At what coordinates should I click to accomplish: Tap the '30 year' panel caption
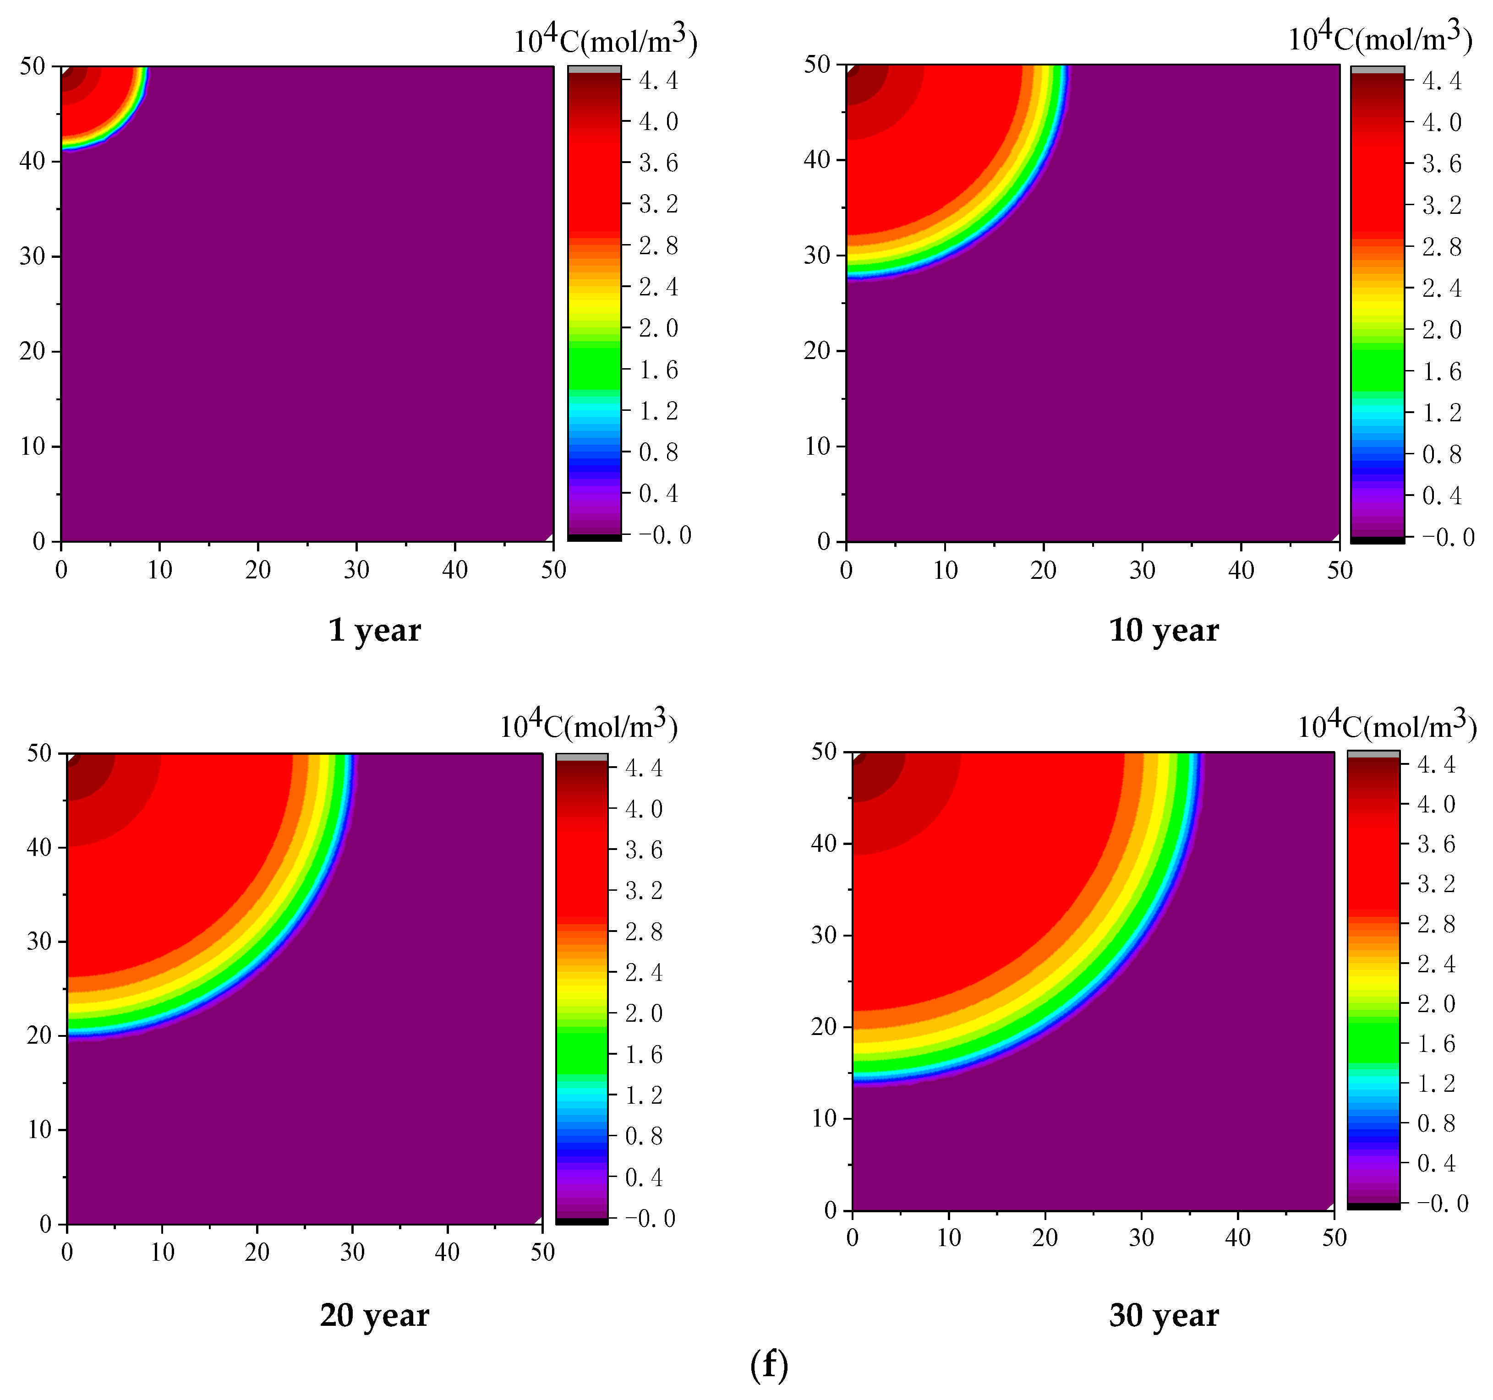[x=1163, y=1315]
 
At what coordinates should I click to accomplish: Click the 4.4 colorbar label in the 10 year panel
[x=1442, y=80]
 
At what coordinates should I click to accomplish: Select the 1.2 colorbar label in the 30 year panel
[x=1435, y=1083]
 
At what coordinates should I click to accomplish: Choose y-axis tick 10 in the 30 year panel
[x=823, y=1118]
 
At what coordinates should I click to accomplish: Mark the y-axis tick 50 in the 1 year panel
[x=32, y=66]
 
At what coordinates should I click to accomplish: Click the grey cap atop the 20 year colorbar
[x=581, y=757]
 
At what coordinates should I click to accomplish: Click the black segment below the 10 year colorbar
[x=1377, y=540]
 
